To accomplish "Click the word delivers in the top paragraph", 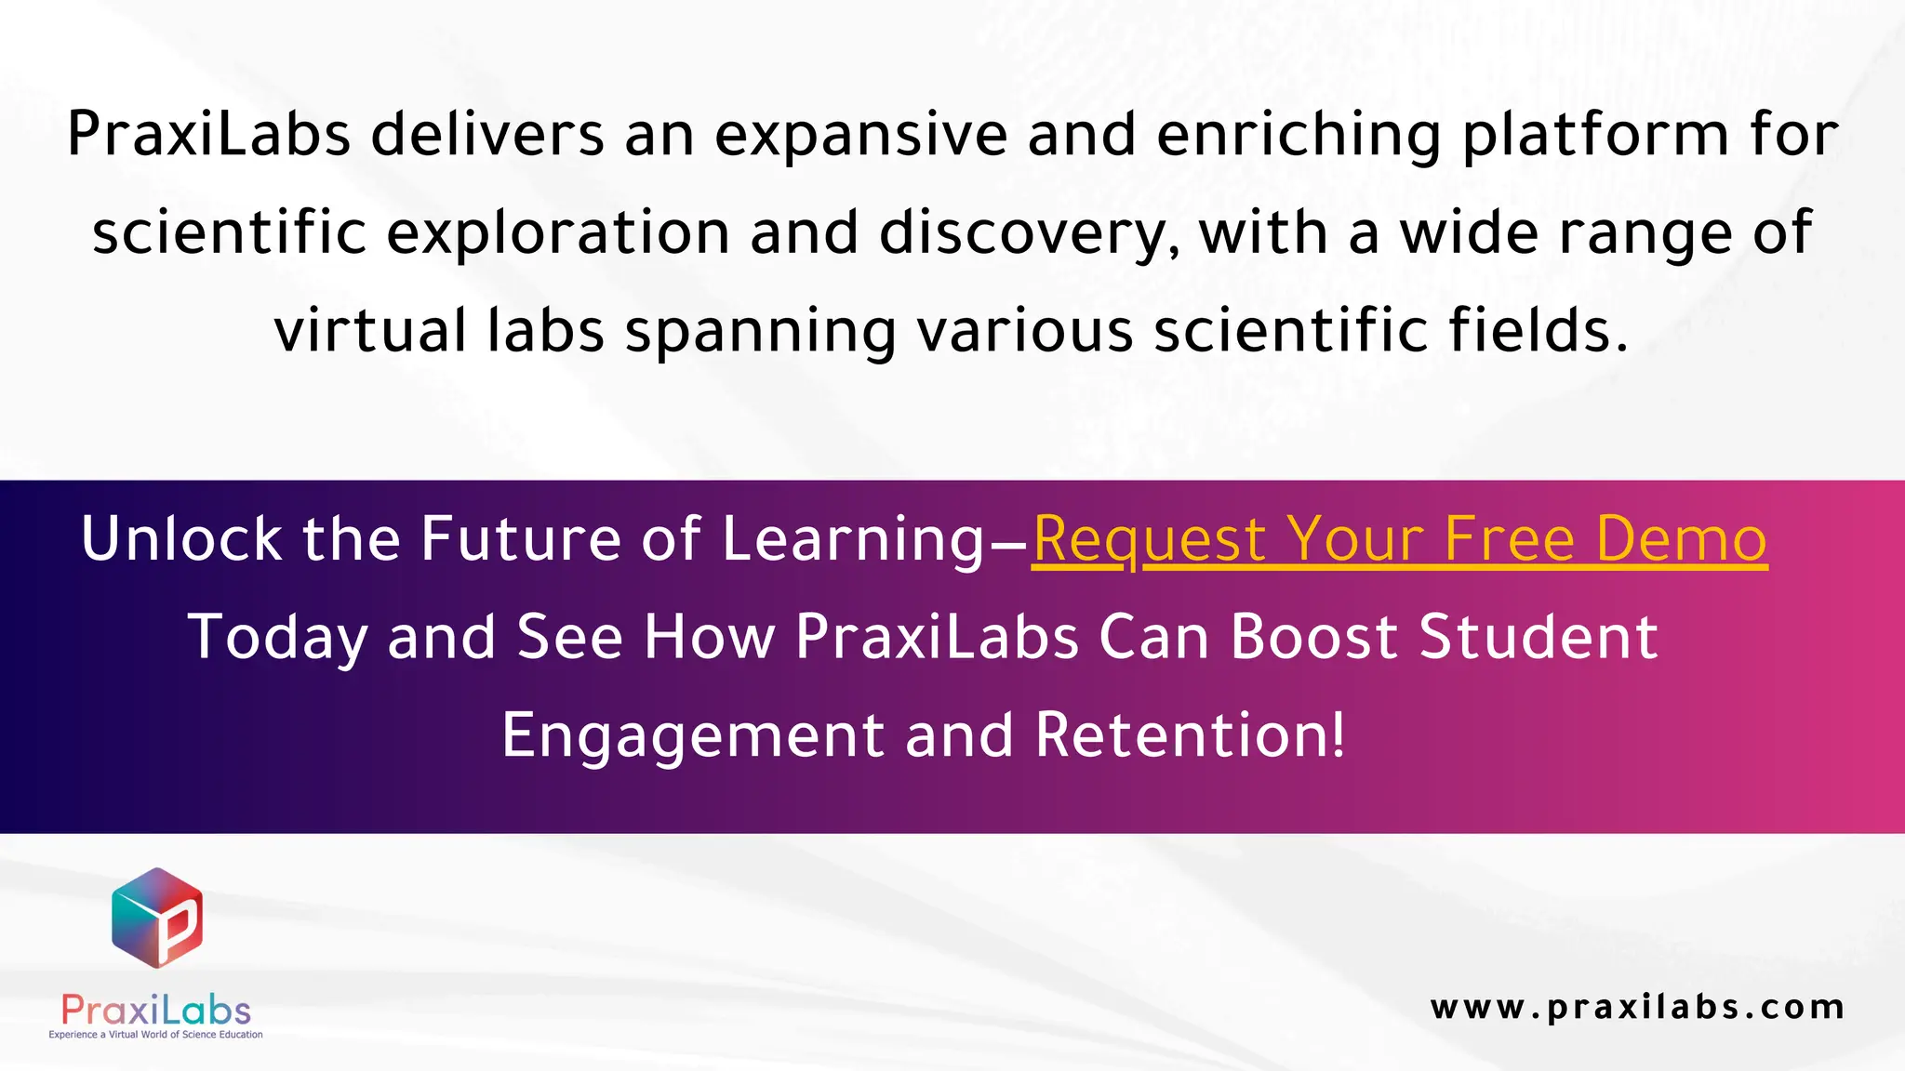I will click(x=487, y=135).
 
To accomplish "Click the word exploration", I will click(x=557, y=233).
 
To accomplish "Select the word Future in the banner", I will click(x=521, y=539).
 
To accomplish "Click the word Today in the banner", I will click(x=277, y=638).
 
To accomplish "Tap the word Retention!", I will click(x=1190, y=735).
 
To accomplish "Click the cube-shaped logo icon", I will click(x=156, y=918).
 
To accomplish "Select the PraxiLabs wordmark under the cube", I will click(x=156, y=1011).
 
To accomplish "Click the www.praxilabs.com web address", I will click(x=1637, y=1007).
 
